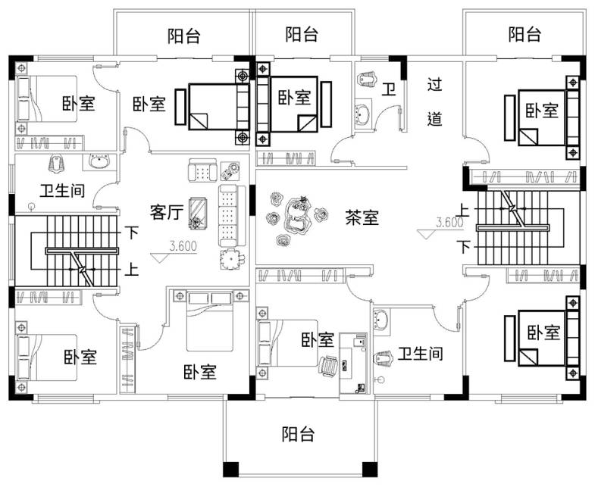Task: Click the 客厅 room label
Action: coord(166,212)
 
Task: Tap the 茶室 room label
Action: coord(362,217)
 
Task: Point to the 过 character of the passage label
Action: coord(434,85)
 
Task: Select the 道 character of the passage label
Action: coord(434,119)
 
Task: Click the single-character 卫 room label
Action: coord(389,90)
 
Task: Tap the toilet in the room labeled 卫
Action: coord(367,79)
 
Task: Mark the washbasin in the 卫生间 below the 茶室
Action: coord(381,320)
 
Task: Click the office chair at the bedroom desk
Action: coord(328,367)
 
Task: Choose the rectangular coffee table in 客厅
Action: coord(198,213)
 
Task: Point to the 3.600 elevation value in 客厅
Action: coord(183,246)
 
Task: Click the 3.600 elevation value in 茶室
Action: coord(449,222)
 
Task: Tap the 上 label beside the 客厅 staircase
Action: coord(132,270)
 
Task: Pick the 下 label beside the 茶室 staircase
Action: coord(464,248)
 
